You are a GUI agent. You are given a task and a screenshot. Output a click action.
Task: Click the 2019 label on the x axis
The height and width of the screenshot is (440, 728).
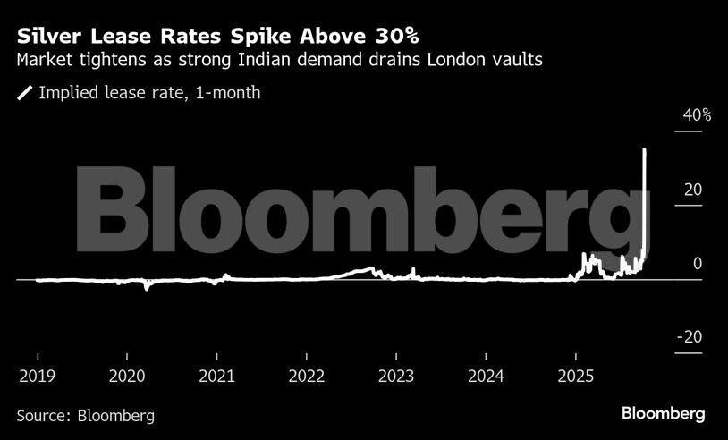(37, 376)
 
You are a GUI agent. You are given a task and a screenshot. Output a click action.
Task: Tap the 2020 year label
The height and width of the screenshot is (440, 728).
(127, 376)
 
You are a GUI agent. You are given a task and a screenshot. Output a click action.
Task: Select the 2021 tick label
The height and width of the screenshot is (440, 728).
(216, 376)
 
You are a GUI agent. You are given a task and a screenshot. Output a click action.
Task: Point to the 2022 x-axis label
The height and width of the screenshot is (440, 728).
(307, 376)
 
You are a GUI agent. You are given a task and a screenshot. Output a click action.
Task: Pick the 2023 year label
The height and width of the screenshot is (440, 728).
(396, 376)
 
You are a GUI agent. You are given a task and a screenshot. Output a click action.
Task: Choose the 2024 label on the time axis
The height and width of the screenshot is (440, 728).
(487, 376)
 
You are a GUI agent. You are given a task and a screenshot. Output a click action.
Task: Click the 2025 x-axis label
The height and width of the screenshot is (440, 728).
(576, 376)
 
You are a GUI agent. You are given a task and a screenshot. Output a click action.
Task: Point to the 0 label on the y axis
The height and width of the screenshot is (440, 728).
(696, 264)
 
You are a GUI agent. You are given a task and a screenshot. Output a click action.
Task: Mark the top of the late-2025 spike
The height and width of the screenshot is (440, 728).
(646, 150)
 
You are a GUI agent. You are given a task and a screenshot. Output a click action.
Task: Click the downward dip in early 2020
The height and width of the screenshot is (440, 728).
(147, 288)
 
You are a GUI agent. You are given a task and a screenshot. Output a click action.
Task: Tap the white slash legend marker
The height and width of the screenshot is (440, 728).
(24, 93)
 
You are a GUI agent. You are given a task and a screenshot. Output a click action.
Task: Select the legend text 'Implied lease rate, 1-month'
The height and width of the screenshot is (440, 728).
(149, 93)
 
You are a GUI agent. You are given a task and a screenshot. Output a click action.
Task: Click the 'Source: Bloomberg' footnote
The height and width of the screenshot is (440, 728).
(85, 416)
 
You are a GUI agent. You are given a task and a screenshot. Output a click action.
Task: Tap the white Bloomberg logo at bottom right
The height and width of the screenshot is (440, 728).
(664, 414)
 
